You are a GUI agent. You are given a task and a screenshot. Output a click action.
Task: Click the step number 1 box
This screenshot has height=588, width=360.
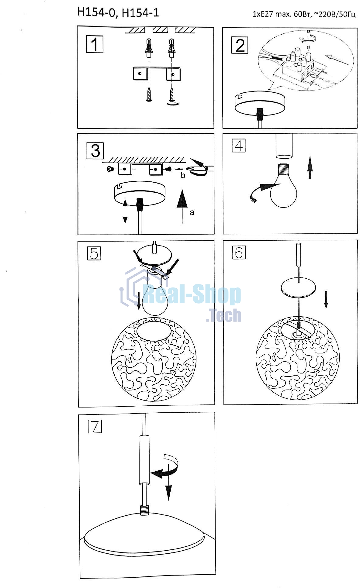(x=95, y=44)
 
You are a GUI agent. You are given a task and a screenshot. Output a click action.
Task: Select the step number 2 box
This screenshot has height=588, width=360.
(x=240, y=45)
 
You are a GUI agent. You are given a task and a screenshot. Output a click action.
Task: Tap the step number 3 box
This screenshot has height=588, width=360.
(x=95, y=150)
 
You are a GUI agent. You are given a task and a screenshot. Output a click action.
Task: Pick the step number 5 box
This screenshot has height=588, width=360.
(x=94, y=253)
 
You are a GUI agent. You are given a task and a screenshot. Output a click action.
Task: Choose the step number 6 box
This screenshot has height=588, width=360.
(x=239, y=252)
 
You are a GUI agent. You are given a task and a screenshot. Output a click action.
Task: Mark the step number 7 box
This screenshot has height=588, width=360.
(x=95, y=426)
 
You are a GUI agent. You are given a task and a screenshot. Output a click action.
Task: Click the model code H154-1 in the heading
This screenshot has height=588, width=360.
(x=140, y=13)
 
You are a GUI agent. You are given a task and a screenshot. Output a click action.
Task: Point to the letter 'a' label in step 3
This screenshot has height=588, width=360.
(x=192, y=212)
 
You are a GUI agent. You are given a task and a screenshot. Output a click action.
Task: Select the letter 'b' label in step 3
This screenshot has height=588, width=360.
(x=183, y=175)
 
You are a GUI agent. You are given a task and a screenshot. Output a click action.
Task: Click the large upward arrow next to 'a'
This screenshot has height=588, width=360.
(x=182, y=207)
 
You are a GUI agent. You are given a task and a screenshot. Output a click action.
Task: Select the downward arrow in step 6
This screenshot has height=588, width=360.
(x=326, y=300)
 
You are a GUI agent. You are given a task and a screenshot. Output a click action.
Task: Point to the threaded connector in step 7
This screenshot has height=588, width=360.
(x=144, y=510)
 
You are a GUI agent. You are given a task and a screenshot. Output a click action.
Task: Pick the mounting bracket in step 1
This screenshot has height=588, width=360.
(x=157, y=74)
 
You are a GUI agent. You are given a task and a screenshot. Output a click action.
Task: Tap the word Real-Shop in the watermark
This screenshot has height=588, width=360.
(x=192, y=294)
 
